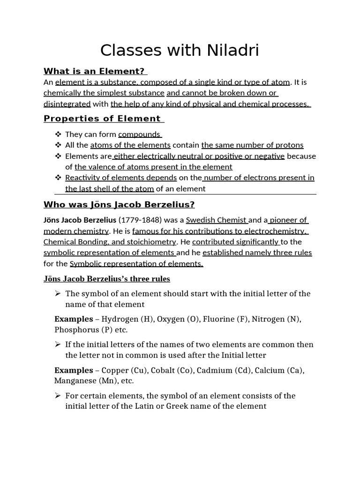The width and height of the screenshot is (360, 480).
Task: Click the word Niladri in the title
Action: [227, 50]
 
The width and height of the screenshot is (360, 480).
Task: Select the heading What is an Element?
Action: [95, 71]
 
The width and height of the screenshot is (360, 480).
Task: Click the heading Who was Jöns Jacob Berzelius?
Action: [119, 204]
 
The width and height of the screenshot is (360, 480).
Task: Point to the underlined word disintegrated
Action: [67, 104]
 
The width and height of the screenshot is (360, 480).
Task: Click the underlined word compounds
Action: [140, 135]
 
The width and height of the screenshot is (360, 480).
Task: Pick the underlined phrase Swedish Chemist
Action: [217, 220]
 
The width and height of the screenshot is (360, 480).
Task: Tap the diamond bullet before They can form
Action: [58, 135]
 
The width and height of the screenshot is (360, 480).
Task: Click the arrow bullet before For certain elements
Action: [58, 396]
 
